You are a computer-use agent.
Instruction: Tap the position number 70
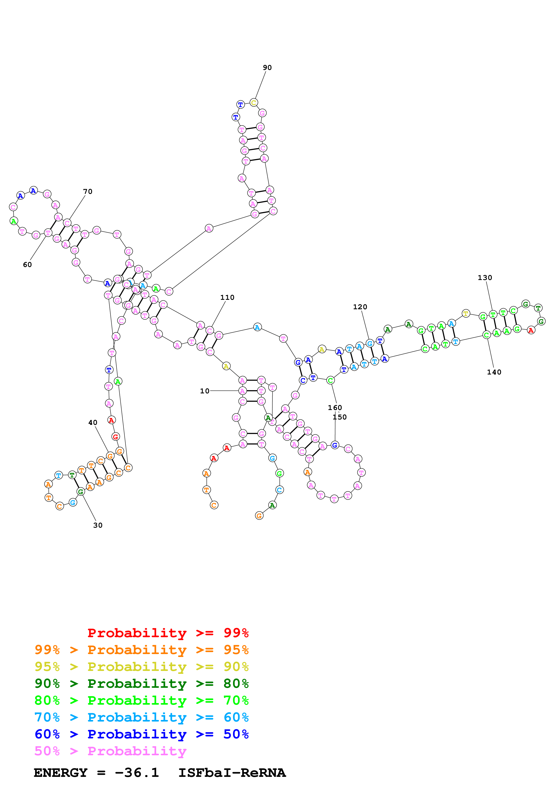[x=88, y=191]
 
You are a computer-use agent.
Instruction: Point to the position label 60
[x=27, y=264]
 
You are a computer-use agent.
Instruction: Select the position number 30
[x=98, y=525]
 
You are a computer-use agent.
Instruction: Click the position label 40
[x=93, y=422]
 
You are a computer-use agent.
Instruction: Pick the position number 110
[x=227, y=297]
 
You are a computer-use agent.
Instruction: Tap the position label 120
[x=360, y=307]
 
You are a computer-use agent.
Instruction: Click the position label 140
[x=494, y=372]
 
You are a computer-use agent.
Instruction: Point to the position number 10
[x=205, y=391]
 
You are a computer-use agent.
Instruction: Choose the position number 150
[x=340, y=417]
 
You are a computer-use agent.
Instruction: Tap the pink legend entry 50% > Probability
[x=110, y=751]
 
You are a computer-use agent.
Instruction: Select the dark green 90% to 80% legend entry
[x=141, y=684]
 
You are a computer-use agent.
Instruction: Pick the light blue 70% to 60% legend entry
[x=141, y=717]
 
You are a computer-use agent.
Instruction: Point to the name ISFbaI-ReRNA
[x=232, y=773]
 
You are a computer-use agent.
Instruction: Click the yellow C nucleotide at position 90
[x=254, y=102]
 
